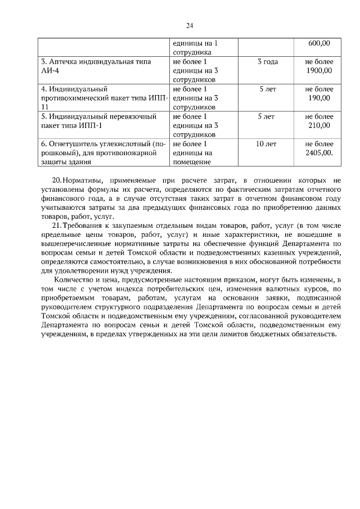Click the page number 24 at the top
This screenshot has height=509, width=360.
click(x=190, y=25)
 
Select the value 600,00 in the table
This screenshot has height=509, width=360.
click(x=319, y=43)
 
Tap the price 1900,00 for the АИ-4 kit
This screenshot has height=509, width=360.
click(x=319, y=70)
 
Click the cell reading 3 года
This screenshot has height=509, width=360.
click(x=267, y=61)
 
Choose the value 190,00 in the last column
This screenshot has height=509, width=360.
click(x=319, y=98)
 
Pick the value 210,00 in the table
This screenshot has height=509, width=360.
click(x=319, y=125)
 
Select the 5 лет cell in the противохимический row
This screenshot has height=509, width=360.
click(x=267, y=89)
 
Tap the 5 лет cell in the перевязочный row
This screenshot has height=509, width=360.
click(x=267, y=116)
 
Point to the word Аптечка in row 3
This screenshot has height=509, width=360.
click(x=65, y=61)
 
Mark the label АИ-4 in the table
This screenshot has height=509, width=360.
click(x=49, y=70)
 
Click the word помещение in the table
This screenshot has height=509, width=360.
click(x=191, y=162)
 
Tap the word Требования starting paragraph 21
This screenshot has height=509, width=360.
click(x=83, y=226)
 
